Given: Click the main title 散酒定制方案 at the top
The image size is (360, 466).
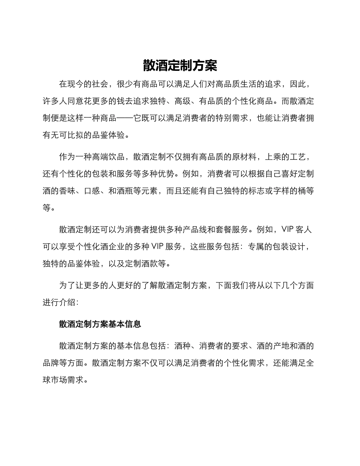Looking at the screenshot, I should click(180, 66).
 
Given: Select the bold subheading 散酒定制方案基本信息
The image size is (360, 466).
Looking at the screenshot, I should click(100, 324).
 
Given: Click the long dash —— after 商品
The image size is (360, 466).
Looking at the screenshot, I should click(124, 118).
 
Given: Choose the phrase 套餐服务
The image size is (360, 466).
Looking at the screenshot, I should click(232, 230).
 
